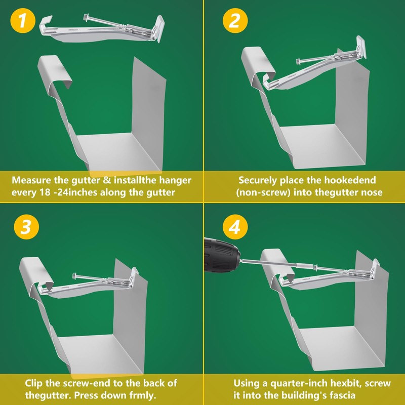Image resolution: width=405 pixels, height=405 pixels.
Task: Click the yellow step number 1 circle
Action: (23, 20)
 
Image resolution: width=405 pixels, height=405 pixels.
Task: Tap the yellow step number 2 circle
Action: (235, 20)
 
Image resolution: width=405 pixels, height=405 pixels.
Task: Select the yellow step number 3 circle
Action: (26, 227)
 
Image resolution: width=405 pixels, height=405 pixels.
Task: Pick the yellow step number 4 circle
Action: (235, 227)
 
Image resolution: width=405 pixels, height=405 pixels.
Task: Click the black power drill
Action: (222, 255)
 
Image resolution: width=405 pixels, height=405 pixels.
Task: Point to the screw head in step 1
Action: (86, 18)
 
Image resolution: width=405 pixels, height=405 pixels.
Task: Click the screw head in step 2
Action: (298, 62)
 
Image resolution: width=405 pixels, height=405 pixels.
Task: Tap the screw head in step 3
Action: (75, 276)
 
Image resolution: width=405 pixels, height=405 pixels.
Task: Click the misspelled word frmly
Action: (143, 395)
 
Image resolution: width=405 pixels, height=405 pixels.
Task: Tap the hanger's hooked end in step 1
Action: (46, 24)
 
